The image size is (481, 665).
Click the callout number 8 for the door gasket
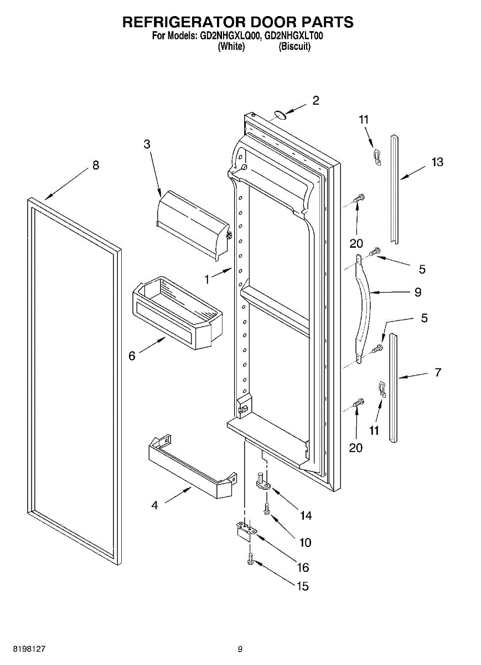coord(96,165)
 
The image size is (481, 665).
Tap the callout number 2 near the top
coord(316,100)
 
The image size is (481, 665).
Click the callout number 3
coord(147,144)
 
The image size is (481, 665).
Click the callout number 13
coord(437,162)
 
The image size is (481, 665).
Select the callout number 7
coord(438,372)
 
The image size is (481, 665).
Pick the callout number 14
coord(306,515)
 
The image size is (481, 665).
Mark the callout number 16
coord(303,567)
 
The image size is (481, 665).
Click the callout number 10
coord(305,543)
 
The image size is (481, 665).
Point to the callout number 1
coord(207,280)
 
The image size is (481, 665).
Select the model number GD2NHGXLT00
coord(294,36)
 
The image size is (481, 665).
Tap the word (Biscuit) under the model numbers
coord(294,47)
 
